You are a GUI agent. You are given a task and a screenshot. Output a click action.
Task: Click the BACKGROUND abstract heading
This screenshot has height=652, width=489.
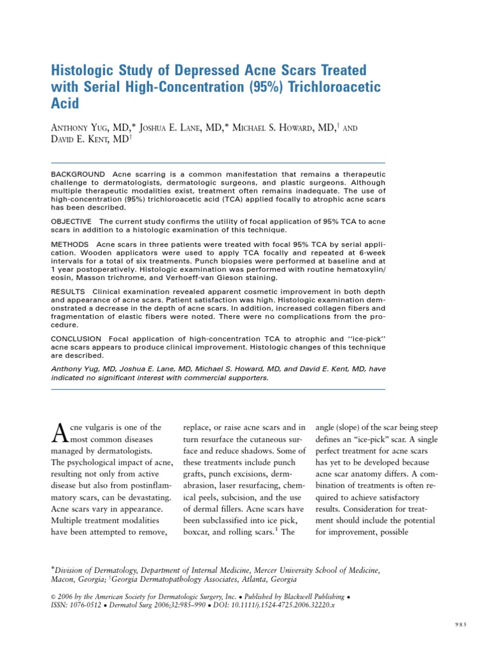click(x=78, y=174)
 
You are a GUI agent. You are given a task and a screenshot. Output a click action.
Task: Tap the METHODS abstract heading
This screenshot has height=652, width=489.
click(x=70, y=244)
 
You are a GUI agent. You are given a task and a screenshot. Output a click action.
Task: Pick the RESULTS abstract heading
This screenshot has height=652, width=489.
click(x=69, y=291)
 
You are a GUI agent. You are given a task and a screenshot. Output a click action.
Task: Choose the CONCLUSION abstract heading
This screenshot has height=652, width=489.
click(x=76, y=337)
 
